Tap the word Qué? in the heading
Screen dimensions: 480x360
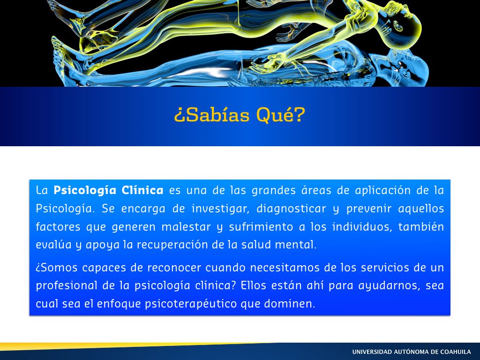click(281, 115)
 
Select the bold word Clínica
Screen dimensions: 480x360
click(142, 190)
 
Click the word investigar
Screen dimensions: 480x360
click(220, 209)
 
